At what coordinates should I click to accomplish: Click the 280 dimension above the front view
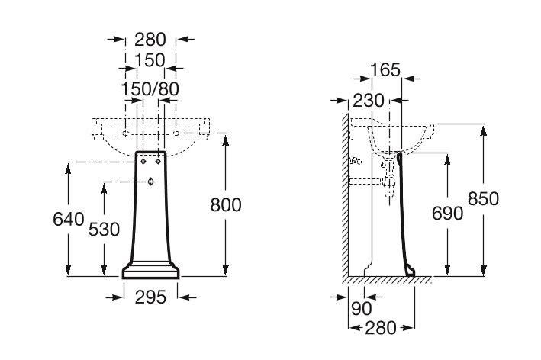point(150,40)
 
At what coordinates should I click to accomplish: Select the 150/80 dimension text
point(150,89)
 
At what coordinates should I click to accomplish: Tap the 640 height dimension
point(69,219)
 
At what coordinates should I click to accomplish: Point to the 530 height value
point(104,230)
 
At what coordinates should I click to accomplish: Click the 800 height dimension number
point(226,205)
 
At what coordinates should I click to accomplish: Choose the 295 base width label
point(150,297)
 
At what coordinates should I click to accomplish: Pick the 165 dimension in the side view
point(385,70)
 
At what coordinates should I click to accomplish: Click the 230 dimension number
point(368,101)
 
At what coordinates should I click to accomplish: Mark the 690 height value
point(447,214)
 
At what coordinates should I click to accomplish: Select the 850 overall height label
point(483,198)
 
